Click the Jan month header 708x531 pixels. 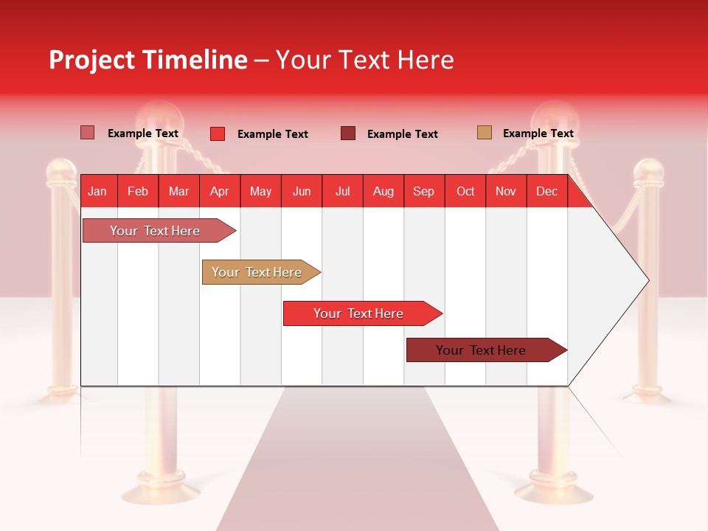97,191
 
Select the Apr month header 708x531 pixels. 219,191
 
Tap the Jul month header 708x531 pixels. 342,191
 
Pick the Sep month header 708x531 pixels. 423,191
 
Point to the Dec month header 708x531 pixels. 546,191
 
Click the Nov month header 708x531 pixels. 505,191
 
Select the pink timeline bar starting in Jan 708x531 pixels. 155,231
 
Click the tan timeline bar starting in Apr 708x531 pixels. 257,272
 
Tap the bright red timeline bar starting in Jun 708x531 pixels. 358,313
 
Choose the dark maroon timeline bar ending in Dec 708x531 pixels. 481,350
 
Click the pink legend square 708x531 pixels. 87,133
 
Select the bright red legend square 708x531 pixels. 217,133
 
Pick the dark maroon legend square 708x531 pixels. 348,133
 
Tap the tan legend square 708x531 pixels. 484,133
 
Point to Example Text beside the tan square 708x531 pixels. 538,133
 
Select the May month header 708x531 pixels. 260,191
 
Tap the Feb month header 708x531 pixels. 138,191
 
